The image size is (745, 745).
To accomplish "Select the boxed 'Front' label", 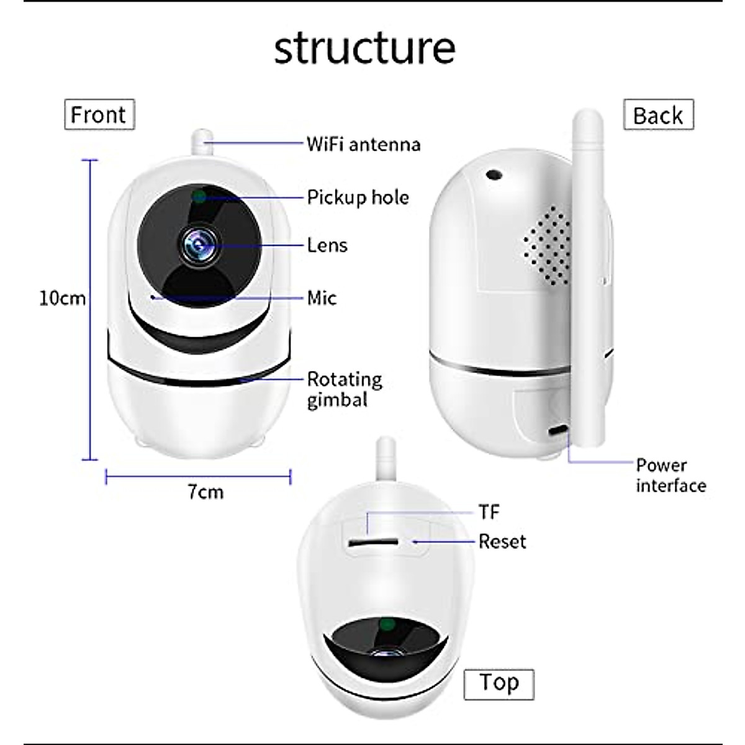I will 99,115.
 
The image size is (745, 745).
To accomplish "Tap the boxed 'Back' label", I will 658,115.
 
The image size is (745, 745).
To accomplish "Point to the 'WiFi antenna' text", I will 364,145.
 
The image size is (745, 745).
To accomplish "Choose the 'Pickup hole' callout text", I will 358,197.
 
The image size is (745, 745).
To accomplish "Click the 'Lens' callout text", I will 327,245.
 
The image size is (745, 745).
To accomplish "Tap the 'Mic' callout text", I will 322,298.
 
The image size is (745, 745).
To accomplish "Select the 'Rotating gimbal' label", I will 345,389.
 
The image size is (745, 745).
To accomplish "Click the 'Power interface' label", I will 670,475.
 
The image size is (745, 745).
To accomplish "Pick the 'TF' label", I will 489,512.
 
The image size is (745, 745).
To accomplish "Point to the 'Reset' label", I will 502,541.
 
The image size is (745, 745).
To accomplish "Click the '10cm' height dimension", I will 62,298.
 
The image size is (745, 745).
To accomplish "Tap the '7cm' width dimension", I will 205,492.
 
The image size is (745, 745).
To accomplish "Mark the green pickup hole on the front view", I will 199,197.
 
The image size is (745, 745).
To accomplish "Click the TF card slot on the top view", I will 372,542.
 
